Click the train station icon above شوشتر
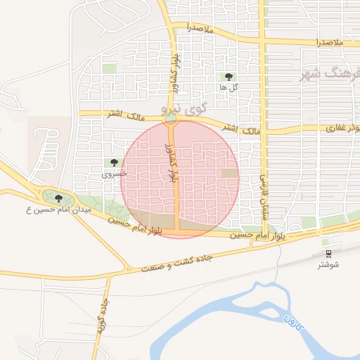coord(329,253)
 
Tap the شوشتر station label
coord(328,264)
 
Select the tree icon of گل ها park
coord(228,77)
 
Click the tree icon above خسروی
coord(114,162)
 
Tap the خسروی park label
coord(114,173)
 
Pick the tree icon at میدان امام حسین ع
coord(58,198)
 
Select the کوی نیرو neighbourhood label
coord(181,109)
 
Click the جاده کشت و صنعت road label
coord(187,262)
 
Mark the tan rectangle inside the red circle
coord(229,173)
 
